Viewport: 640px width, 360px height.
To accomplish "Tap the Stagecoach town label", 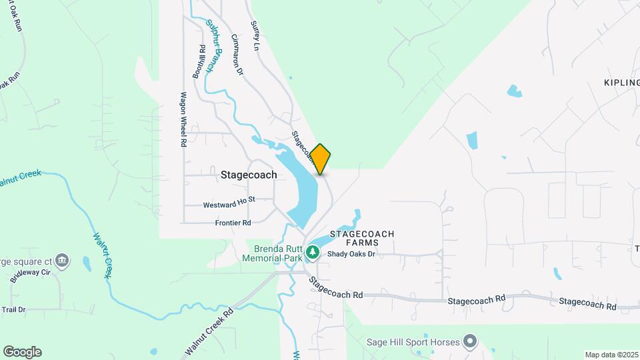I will pos(249,175).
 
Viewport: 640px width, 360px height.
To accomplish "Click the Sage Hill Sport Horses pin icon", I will pos(470,342).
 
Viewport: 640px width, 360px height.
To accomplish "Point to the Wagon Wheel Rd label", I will pos(182,119).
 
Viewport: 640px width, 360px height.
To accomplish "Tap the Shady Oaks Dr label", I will pos(351,253).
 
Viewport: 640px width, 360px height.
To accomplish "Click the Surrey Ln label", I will pos(255,35).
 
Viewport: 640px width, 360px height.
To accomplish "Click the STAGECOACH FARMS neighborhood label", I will pos(363,239).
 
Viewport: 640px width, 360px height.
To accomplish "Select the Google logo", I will pos(22,352).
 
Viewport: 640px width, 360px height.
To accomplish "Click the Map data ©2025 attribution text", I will pos(610,355).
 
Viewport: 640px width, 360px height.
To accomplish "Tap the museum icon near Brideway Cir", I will pos(62,259).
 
